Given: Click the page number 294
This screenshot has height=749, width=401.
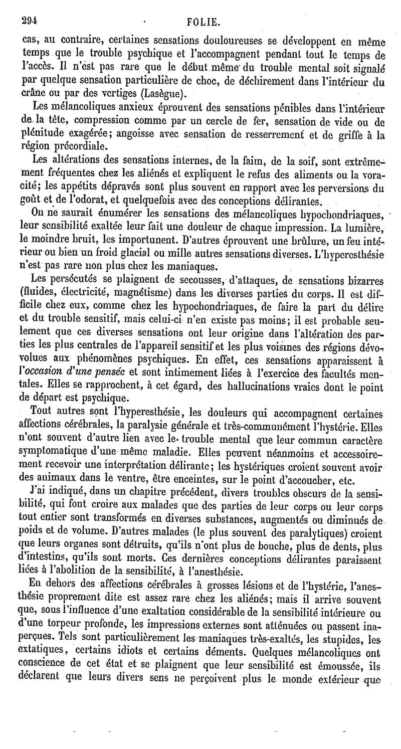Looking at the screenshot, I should (x=30, y=21).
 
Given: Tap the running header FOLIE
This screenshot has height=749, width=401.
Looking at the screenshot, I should (x=203, y=22).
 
